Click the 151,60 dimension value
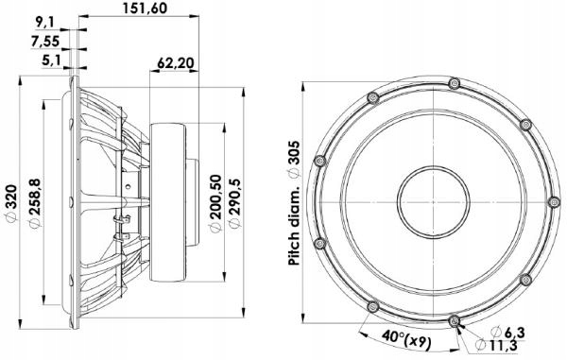pos(145,8)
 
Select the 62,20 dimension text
pos(176,63)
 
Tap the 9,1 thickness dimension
pos(44,23)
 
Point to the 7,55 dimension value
pos(45,42)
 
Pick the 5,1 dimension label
pos(51,60)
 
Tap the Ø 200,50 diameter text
pos(215,203)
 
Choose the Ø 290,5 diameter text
pos(235,203)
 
